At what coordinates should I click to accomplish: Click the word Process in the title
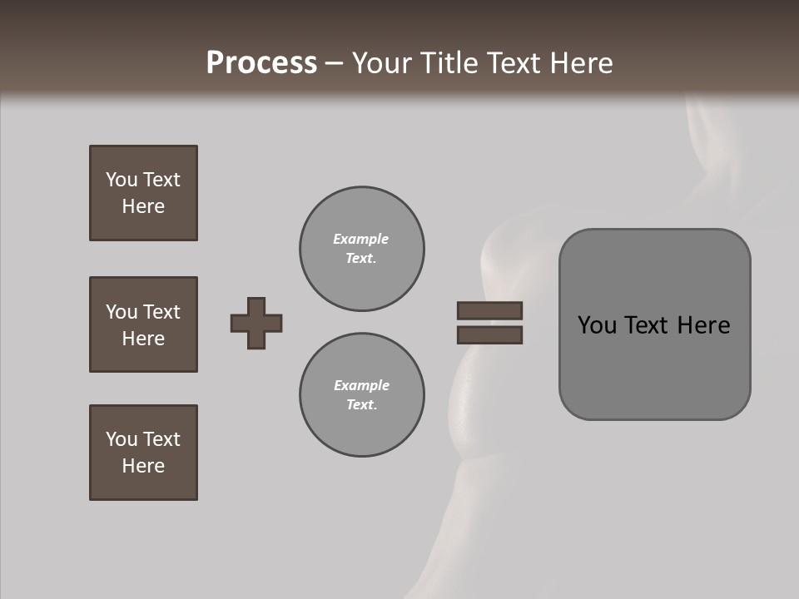(261, 62)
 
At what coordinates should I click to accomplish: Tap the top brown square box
(143, 193)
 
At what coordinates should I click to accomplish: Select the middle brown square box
(143, 324)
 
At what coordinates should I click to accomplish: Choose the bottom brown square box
(143, 453)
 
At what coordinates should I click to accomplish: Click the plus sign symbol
(256, 323)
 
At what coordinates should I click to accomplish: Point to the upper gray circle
(361, 249)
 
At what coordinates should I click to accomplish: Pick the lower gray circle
(361, 395)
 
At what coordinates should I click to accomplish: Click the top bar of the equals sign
(489, 310)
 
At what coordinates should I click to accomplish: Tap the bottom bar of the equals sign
(489, 335)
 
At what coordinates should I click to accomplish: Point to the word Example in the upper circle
(360, 239)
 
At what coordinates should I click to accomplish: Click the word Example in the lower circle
(361, 385)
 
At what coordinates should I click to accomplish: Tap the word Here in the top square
(143, 206)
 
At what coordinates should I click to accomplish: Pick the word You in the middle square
(121, 312)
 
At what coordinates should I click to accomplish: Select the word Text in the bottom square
(161, 439)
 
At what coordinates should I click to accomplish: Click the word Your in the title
(380, 62)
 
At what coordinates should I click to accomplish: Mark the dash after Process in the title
(334, 64)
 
